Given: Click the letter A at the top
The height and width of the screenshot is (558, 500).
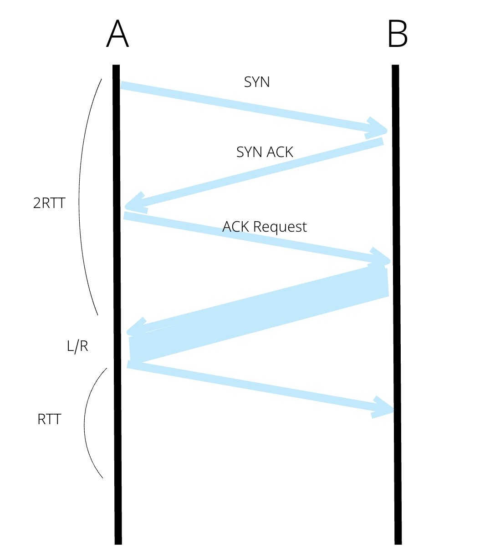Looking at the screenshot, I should [x=117, y=34].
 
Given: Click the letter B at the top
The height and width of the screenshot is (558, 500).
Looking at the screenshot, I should [x=397, y=34].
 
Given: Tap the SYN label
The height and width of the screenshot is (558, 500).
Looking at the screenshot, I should [x=257, y=82].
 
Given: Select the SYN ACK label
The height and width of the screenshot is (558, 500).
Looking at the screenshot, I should [x=265, y=152].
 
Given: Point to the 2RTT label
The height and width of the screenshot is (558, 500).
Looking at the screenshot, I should [x=49, y=203].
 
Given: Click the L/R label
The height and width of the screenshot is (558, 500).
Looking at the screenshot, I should [x=77, y=346].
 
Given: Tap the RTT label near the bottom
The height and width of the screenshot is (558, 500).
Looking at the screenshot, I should [x=49, y=419].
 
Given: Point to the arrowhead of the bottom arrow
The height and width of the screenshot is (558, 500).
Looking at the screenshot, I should [x=385, y=408].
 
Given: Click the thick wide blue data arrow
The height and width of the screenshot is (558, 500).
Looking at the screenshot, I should [x=260, y=314].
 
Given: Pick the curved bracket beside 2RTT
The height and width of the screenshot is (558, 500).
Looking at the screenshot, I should [x=82, y=196].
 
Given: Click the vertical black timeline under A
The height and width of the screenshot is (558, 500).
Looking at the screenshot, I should [x=117, y=455].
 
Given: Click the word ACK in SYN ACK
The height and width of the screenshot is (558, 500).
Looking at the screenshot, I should [x=280, y=152].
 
